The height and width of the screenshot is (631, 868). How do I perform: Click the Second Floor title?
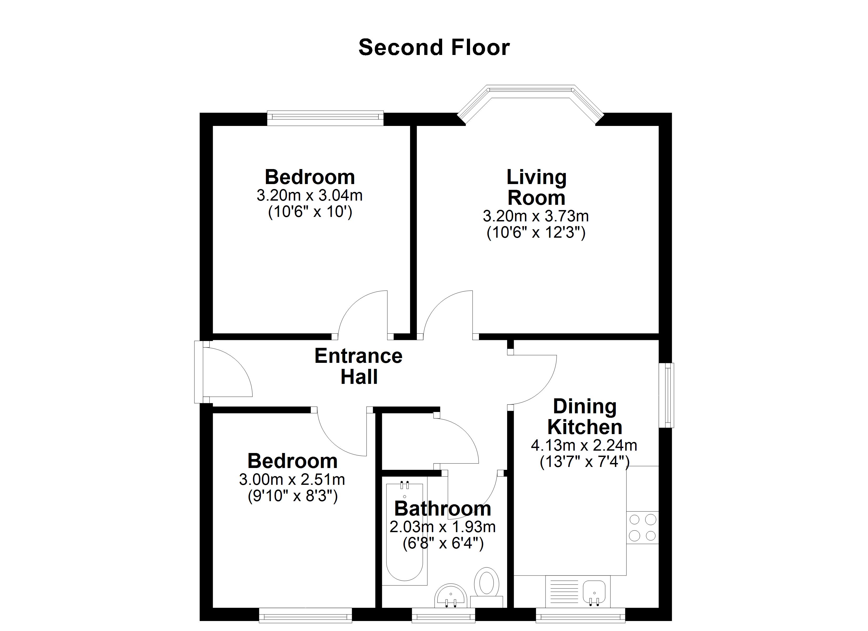pos(434,47)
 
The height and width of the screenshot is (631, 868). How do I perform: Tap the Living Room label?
pos(536,187)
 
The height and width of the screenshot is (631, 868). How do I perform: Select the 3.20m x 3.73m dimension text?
pos(536,217)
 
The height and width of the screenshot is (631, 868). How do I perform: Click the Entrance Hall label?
pos(359,366)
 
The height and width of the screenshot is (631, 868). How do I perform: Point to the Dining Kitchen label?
pos(584,417)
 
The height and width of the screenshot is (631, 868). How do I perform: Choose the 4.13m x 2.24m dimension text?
pos(584,445)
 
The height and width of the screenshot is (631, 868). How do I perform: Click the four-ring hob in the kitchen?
pos(643,528)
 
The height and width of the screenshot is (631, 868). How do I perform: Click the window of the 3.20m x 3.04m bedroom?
pos(325,118)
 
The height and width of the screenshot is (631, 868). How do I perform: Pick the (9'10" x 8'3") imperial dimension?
pos(293,496)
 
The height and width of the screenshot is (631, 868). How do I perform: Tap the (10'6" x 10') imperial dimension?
pos(310,212)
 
